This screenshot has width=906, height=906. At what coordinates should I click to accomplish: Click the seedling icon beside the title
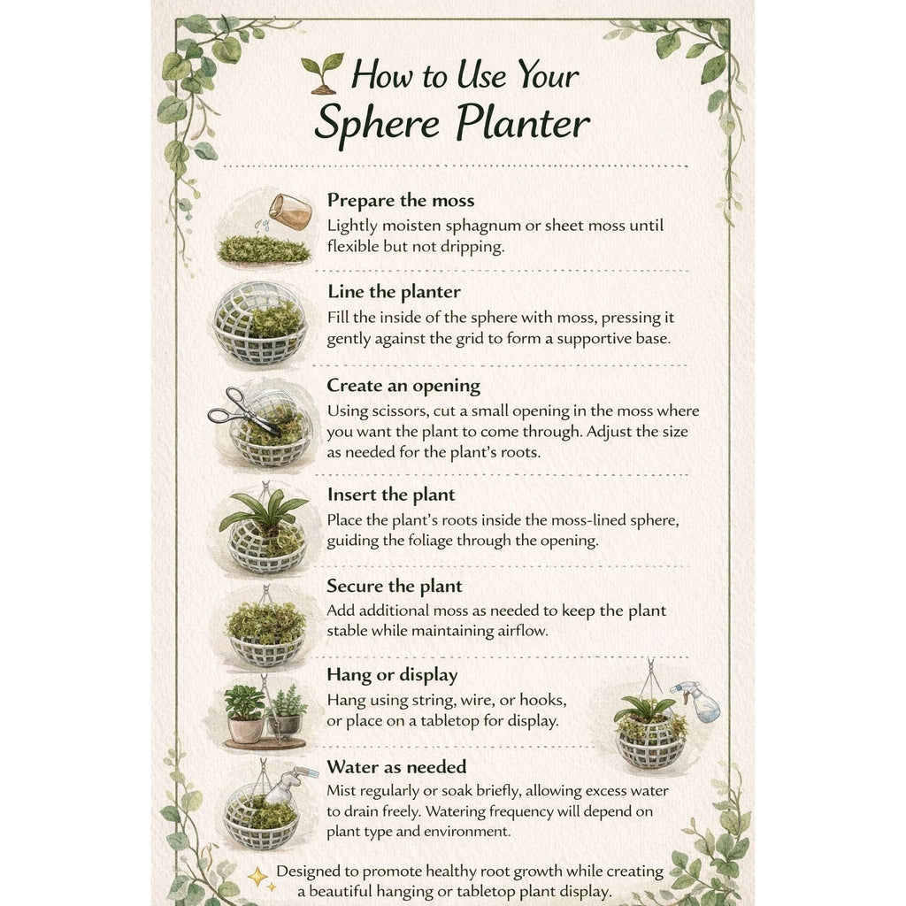coord(322,73)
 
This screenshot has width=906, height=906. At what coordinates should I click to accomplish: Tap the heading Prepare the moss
coord(401,200)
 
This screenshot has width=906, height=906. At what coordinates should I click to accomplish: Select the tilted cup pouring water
coord(290,212)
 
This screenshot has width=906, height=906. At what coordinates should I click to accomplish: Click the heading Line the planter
coord(394,291)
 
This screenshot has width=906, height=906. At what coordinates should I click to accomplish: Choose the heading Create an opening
coord(403,386)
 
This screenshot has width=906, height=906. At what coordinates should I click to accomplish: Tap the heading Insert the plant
coord(390,495)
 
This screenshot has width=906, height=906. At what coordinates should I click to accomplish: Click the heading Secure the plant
coord(394,586)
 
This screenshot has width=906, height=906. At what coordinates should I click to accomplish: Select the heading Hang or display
coord(392,675)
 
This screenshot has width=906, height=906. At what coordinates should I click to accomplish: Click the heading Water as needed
coord(396,767)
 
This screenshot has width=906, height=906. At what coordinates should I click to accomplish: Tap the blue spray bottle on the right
coord(697,701)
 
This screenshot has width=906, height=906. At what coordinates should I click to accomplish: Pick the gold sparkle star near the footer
coord(258,877)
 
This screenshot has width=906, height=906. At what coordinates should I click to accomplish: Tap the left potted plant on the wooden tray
coord(245,714)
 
